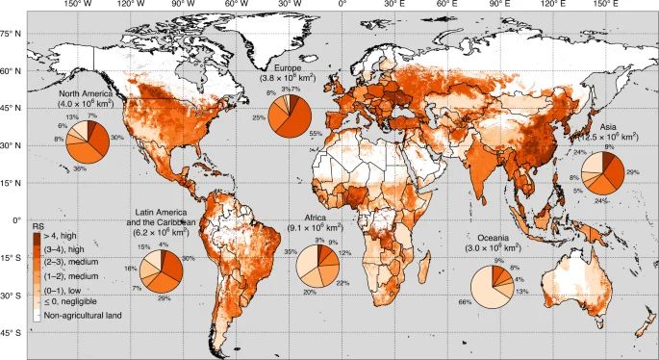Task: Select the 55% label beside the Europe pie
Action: coord(315,134)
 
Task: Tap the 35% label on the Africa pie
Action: coord(290,251)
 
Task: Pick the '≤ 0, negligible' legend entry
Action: coord(70,300)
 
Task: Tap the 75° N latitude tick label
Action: coord(11,34)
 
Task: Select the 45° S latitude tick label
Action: coord(11,333)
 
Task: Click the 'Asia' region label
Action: coord(608,126)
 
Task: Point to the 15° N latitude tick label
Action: coord(11,183)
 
